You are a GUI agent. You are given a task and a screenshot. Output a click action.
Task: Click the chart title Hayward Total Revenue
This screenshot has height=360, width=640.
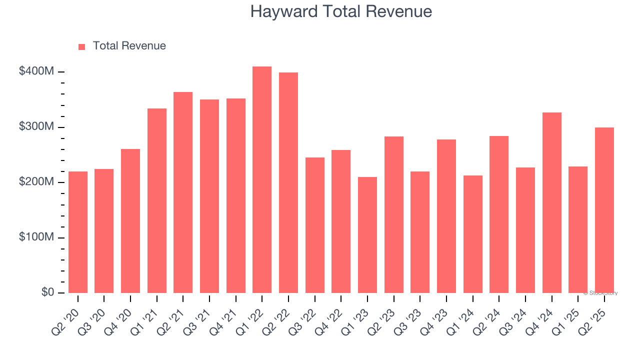(341, 11)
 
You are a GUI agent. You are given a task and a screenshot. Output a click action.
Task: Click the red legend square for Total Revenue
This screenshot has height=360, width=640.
(82, 46)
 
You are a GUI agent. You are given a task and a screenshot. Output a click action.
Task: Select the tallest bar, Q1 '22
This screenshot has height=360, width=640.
(262, 180)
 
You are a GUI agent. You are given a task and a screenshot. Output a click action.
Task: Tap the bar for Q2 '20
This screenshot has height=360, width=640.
(78, 232)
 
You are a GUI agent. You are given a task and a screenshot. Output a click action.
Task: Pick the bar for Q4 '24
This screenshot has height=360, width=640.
(552, 202)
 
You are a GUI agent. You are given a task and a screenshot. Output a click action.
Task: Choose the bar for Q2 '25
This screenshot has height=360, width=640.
(604, 210)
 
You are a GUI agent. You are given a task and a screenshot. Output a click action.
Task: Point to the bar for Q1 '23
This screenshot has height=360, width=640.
(367, 235)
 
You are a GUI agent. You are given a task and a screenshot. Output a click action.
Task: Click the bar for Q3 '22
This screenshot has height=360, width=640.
(315, 225)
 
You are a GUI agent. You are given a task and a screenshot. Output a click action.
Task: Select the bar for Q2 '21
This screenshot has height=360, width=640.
(183, 192)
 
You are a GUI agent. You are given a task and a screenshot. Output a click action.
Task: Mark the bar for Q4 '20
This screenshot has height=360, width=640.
(130, 221)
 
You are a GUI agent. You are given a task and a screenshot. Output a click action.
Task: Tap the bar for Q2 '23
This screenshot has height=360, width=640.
(394, 215)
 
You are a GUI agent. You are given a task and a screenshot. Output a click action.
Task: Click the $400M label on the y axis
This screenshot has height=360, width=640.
(36, 71)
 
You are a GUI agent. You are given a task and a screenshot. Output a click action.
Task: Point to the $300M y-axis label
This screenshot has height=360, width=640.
(36, 127)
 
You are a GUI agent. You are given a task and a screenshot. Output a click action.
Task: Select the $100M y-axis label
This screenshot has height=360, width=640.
(36, 237)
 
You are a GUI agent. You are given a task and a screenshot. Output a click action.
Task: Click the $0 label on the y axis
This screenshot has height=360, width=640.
(47, 292)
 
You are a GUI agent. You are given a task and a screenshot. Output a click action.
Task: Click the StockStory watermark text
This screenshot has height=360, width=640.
(600, 293)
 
